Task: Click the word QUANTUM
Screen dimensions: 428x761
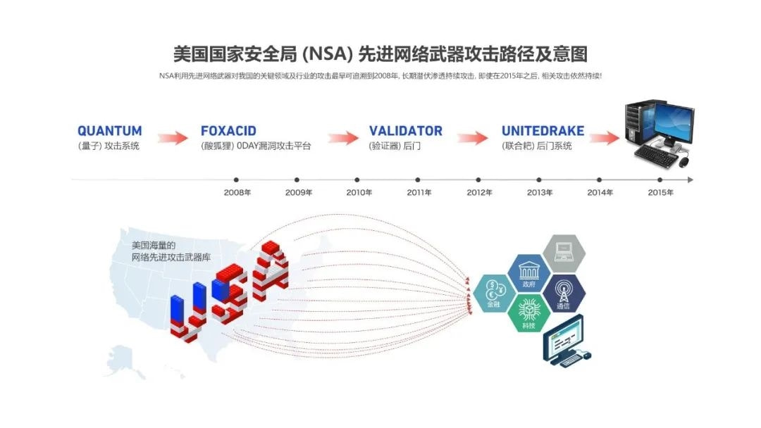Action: point(109,131)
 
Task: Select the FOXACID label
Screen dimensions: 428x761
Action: point(228,131)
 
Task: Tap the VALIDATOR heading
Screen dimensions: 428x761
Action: point(405,131)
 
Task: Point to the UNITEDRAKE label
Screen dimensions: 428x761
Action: point(543,131)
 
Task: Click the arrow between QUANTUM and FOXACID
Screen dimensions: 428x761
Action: point(172,137)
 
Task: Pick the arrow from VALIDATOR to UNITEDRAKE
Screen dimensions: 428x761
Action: point(473,137)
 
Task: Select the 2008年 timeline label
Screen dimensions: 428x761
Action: point(237,192)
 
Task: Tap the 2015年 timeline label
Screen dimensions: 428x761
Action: point(660,192)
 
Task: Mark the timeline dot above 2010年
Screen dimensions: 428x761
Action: point(357,180)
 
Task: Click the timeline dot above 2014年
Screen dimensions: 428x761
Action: point(600,180)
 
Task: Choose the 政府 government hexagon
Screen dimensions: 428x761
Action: point(528,274)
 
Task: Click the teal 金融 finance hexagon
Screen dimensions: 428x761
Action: point(494,294)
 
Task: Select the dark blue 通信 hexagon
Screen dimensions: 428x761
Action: point(563,294)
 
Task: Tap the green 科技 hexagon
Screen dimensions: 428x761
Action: point(528,314)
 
